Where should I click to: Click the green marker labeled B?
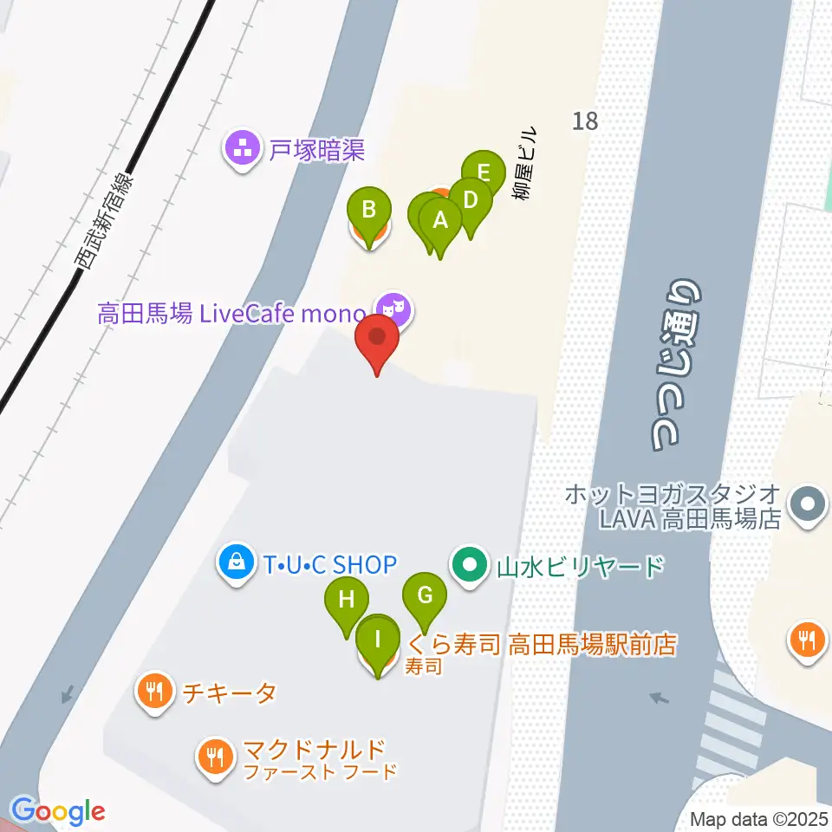pos(369,211)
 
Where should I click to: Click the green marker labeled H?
pos(347,600)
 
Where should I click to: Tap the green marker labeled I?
pos(378,640)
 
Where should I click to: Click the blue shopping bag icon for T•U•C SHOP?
pos(236,565)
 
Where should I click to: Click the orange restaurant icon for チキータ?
pos(155,692)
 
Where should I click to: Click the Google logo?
pos(58,812)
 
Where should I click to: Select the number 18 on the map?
pos(585,120)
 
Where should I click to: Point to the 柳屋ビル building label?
pos(525,163)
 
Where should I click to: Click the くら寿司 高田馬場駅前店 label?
pos(541,644)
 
